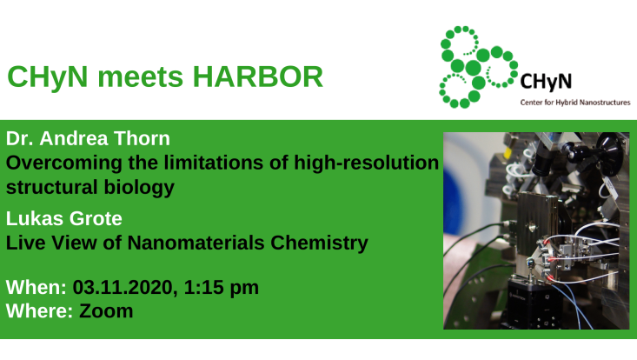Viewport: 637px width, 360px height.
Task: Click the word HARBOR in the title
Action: (259, 77)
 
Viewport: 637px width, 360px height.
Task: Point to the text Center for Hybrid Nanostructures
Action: (574, 103)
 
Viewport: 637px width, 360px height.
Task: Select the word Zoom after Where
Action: (106, 310)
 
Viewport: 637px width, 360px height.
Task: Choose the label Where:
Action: (40, 310)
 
